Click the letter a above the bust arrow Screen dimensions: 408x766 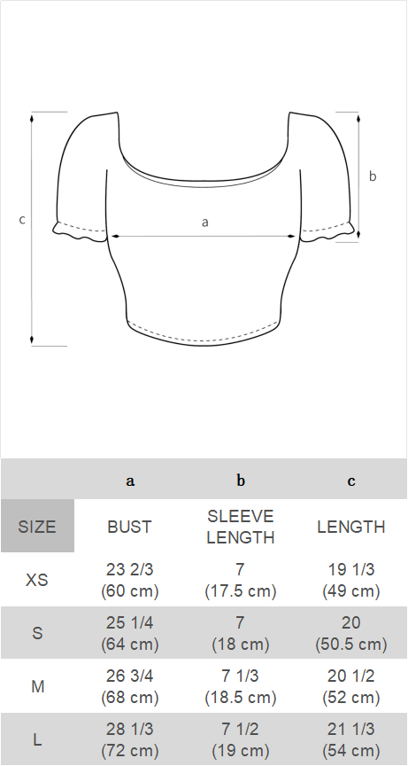[205, 223]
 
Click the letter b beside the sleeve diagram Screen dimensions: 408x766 [373, 176]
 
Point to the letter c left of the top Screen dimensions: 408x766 [22, 220]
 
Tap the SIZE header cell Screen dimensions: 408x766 [37, 527]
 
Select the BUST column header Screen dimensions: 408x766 [130, 527]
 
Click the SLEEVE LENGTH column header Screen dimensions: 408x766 [241, 527]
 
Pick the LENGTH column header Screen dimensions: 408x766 [351, 527]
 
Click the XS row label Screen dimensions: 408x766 [37, 580]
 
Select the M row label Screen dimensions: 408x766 [37, 687]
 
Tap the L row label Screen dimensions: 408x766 [37, 740]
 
